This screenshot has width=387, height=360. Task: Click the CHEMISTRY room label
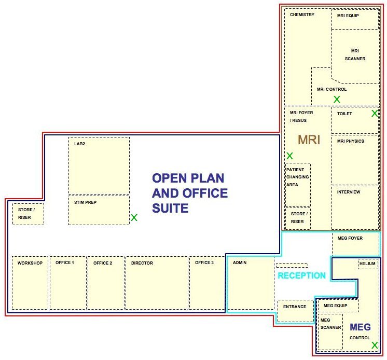pyautogui.click(x=302, y=15)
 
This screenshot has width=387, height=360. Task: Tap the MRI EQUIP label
pyautogui.click(x=348, y=16)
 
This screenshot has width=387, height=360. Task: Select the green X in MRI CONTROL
pyautogui.click(x=337, y=99)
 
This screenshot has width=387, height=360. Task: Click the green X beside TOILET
pyautogui.click(x=375, y=113)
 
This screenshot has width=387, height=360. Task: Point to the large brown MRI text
pyautogui.click(x=309, y=140)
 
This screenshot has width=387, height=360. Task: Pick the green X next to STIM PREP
pyautogui.click(x=134, y=217)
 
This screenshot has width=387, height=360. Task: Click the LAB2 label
pyautogui.click(x=79, y=144)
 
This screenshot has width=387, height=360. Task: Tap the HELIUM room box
pyautogui.click(x=367, y=264)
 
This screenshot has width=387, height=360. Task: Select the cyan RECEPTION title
pyautogui.click(x=301, y=275)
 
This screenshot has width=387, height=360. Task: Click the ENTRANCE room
pyautogui.click(x=295, y=311)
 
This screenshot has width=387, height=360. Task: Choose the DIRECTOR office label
pyautogui.click(x=142, y=263)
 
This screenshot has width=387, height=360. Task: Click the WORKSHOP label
pyautogui.click(x=30, y=263)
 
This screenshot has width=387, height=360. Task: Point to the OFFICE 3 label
pyautogui.click(x=204, y=262)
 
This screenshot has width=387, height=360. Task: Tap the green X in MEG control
pyautogui.click(x=375, y=345)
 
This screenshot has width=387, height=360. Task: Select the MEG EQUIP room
pyautogui.click(x=338, y=306)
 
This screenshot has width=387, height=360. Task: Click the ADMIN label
pyautogui.click(x=239, y=262)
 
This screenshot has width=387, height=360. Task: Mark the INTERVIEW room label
pyautogui.click(x=349, y=192)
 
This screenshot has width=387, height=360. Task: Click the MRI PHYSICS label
pyautogui.click(x=351, y=141)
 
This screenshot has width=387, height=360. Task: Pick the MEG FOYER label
pyautogui.click(x=350, y=238)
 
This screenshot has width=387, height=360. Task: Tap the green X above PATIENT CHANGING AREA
pyautogui.click(x=290, y=156)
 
